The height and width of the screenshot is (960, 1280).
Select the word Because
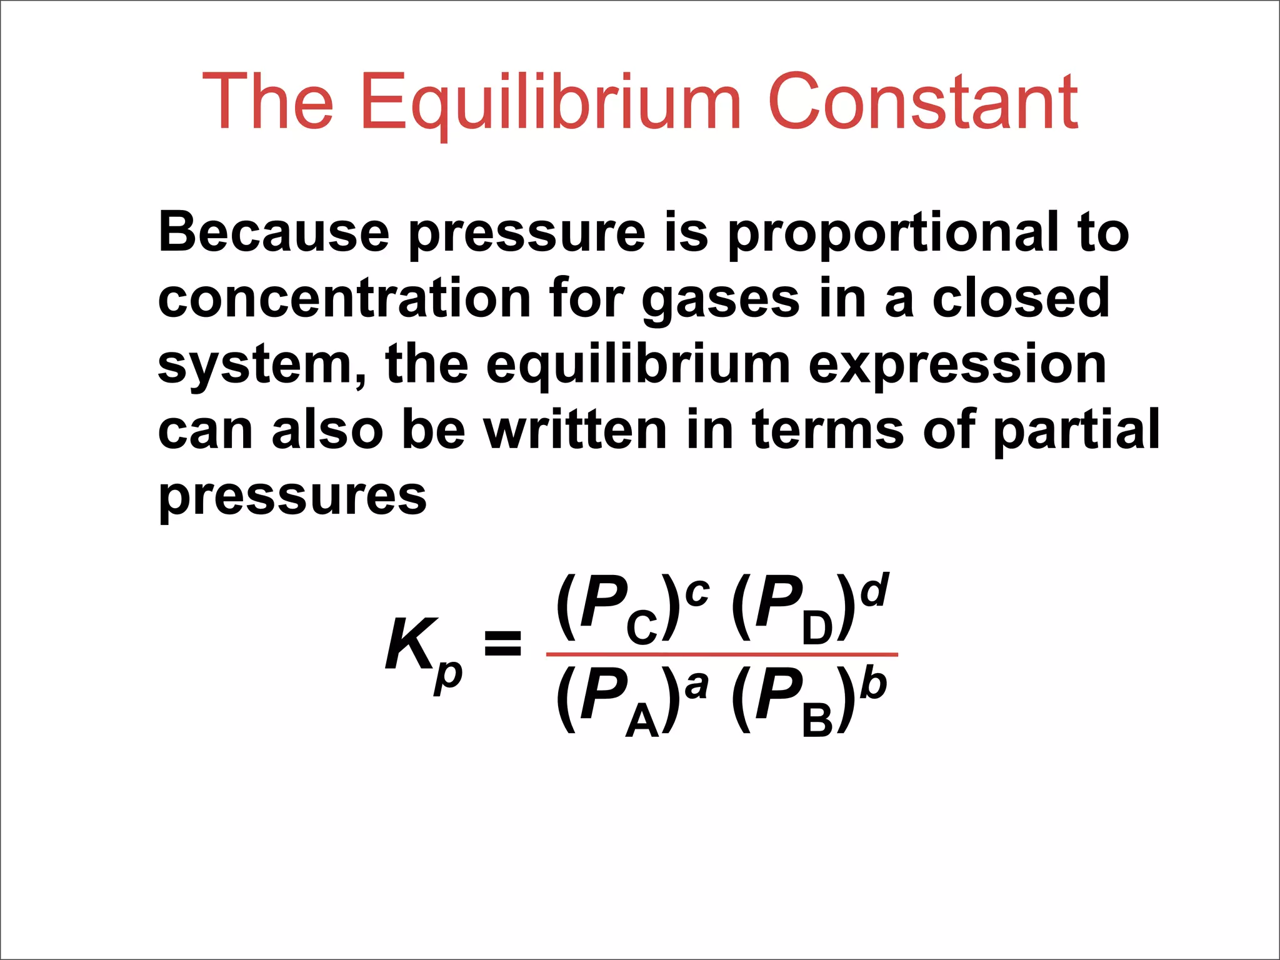coord(274,232)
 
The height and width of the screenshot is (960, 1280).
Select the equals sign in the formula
coord(502,644)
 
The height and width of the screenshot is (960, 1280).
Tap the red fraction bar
coord(722,654)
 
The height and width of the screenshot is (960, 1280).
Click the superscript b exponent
coord(873,682)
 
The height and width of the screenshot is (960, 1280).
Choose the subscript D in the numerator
coord(817,628)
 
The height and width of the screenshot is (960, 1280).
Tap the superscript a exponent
coord(696,686)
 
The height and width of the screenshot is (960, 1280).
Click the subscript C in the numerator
coord(642,628)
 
